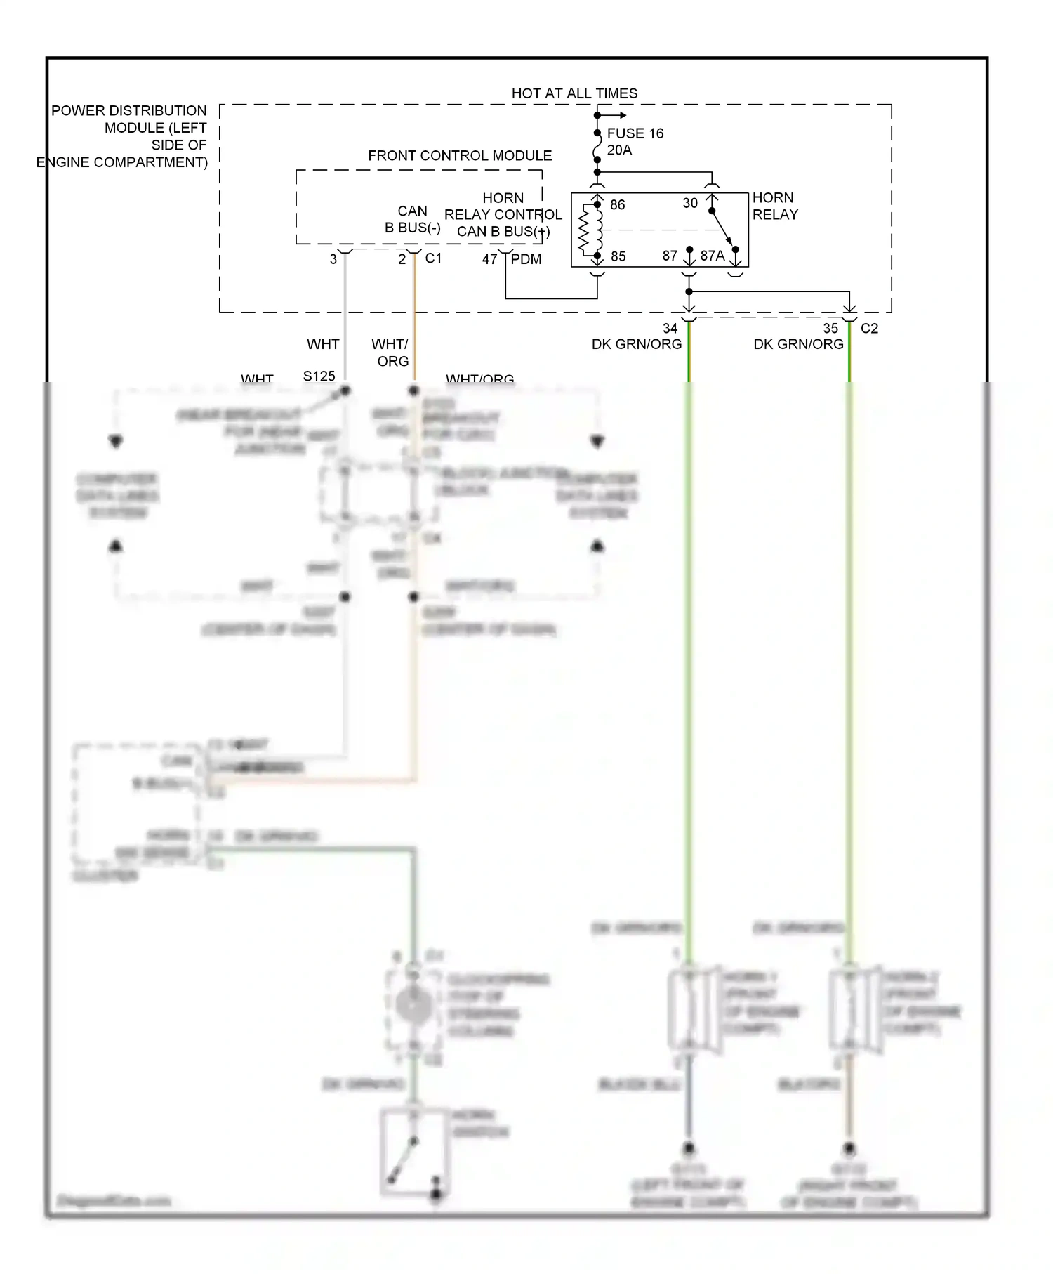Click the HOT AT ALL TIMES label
[574, 93]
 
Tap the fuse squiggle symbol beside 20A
[597, 148]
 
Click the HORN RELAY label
[774, 206]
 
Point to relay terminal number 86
[617, 204]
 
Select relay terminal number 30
[690, 203]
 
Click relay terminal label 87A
[712, 256]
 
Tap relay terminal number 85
[618, 256]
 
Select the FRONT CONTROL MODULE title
[460, 155]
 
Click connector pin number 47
[489, 259]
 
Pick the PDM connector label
[526, 259]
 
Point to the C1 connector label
[433, 258]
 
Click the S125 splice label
[319, 376]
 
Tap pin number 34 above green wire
[670, 328]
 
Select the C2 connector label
[869, 328]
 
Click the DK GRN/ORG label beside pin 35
[798, 344]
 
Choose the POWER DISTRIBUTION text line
[129, 111]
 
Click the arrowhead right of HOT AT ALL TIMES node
[622, 115]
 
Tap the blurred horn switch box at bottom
[414, 1151]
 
